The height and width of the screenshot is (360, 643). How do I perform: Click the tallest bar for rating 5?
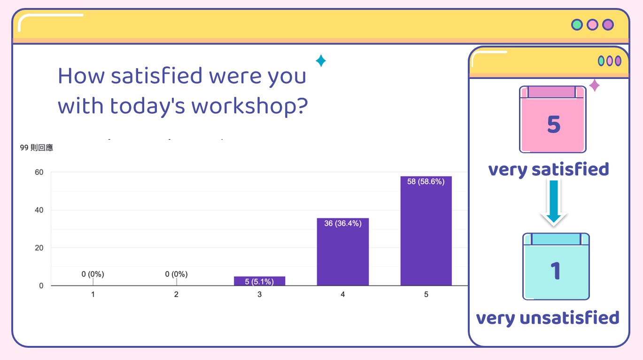coord(426,231)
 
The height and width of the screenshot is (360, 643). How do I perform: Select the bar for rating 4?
coord(343,252)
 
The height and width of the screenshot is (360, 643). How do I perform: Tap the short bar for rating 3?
coord(259,281)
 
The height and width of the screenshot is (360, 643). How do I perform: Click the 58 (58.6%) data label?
coord(426,181)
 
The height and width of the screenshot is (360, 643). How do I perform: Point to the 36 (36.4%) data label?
coord(343,223)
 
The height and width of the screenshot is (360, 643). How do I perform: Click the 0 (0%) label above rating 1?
coord(93,274)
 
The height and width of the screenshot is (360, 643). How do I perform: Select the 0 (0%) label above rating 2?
coord(176,274)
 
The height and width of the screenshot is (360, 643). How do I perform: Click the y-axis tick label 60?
coord(39,172)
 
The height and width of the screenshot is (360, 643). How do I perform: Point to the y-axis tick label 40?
coord(39,210)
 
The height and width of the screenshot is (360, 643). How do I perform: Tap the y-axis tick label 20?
coord(39,248)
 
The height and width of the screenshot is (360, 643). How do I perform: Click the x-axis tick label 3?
coord(259,294)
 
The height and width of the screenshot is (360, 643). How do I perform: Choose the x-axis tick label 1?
coord(93,294)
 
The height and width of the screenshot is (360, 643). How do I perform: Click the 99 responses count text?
coord(37,148)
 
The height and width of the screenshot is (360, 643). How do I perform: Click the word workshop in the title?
coord(249,106)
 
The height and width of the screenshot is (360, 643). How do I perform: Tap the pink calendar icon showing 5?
coord(552,119)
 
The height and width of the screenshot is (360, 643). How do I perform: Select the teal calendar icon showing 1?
coord(556,266)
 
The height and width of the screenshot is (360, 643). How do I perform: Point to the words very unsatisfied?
coord(548,318)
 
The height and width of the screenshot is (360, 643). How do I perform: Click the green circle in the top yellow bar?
coord(577,25)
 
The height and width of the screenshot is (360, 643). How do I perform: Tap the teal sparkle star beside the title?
coord(321,61)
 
